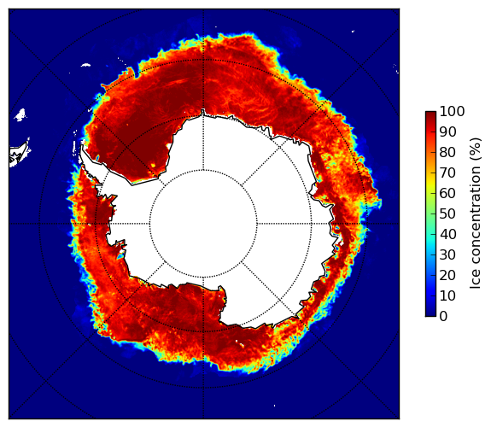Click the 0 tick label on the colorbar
pyautogui.click(x=443, y=317)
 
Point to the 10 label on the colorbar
pyautogui.click(x=447, y=295)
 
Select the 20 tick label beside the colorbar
pyautogui.click(x=447, y=275)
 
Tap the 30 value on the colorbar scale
pyautogui.click(x=447, y=254)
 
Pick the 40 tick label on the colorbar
pyautogui.click(x=447, y=234)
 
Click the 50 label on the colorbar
pyautogui.click(x=447, y=214)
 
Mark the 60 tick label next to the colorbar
pyautogui.click(x=447, y=193)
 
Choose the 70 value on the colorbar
pyautogui.click(x=447, y=173)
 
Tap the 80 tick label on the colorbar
pyautogui.click(x=447, y=152)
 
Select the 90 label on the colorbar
pyautogui.click(x=447, y=132)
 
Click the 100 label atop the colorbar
pyautogui.click(x=452, y=111)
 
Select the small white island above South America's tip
pyautogui.click(x=20, y=115)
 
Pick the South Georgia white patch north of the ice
pyautogui.click(x=85, y=65)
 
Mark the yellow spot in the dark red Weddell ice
pyautogui.click(x=153, y=165)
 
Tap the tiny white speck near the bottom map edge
pyautogui.click(x=275, y=406)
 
